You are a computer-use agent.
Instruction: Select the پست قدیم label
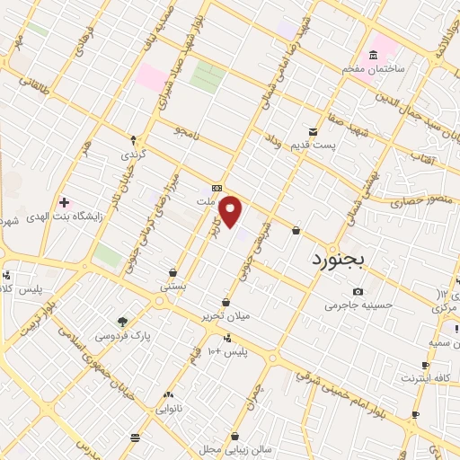pos(319,145)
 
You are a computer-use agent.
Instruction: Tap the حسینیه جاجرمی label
pos(359,305)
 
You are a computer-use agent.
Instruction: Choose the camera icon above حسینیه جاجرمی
pos(358,291)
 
